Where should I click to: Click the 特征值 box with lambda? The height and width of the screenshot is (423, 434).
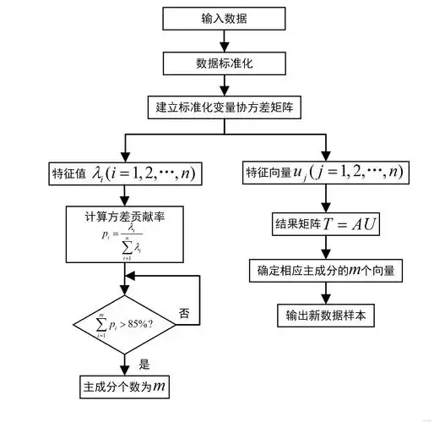pos(126,173)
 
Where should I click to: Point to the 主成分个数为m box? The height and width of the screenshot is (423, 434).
pos(124,388)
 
